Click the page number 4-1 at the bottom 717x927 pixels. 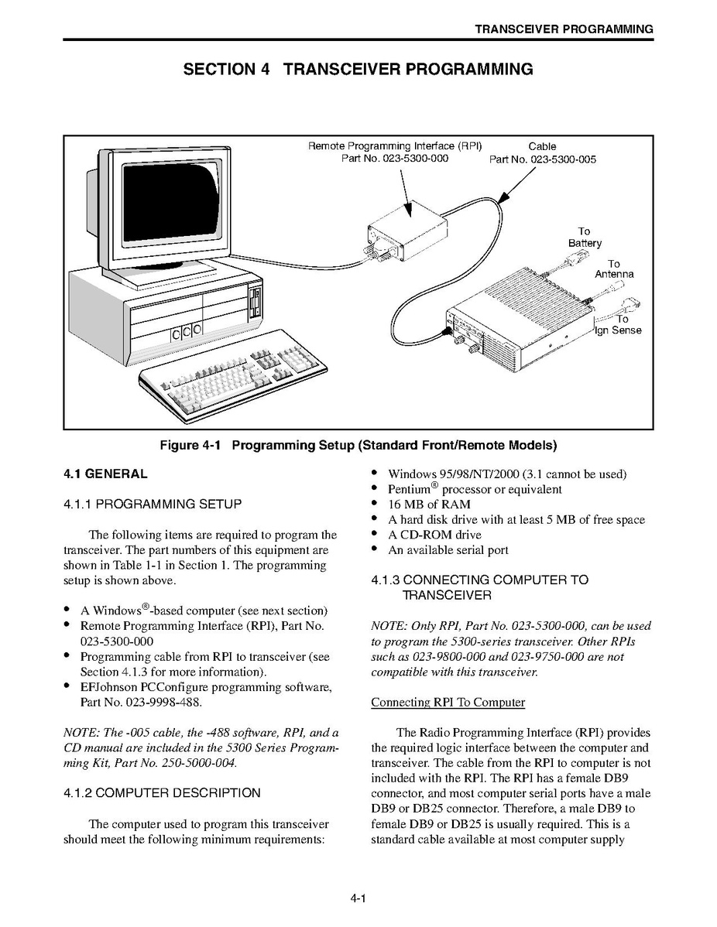coord(357,898)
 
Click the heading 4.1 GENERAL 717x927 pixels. coord(105,474)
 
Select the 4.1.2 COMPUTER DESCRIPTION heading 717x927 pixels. coord(162,792)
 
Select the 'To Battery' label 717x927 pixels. coord(585,238)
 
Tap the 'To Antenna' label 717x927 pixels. coord(614,269)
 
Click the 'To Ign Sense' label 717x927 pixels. coord(618,325)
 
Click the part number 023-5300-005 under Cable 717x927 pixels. coord(543,160)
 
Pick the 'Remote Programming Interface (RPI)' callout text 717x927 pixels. coord(395,145)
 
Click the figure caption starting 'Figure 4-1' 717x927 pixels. coord(358,445)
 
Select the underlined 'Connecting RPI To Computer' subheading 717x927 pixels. coord(448,703)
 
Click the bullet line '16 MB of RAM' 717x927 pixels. coord(429,505)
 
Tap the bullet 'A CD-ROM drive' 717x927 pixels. coord(434,535)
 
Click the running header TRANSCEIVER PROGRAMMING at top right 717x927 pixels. coord(564,29)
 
